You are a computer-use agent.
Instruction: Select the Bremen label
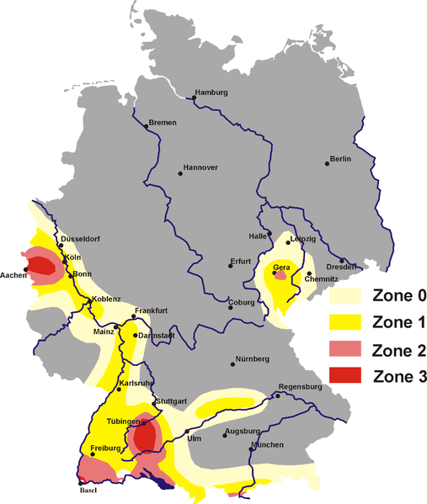point(163,122)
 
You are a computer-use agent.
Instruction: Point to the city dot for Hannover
point(179,173)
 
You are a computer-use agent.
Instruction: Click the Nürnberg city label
point(253,359)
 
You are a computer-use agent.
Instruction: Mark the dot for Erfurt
point(230,267)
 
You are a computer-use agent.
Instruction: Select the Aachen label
point(13,275)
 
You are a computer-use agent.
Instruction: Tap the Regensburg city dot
point(277,394)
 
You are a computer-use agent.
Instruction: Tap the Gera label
point(281,267)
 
